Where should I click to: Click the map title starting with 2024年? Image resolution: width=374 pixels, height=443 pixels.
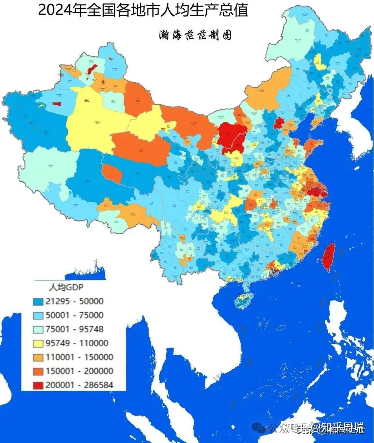143,10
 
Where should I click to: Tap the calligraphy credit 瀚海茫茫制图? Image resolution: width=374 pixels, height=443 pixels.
195,35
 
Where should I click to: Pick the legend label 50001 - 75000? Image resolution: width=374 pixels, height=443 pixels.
74,315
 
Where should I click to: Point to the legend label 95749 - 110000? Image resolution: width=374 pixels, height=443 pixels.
77,343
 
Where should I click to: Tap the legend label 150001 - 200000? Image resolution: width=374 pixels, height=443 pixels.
79,371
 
